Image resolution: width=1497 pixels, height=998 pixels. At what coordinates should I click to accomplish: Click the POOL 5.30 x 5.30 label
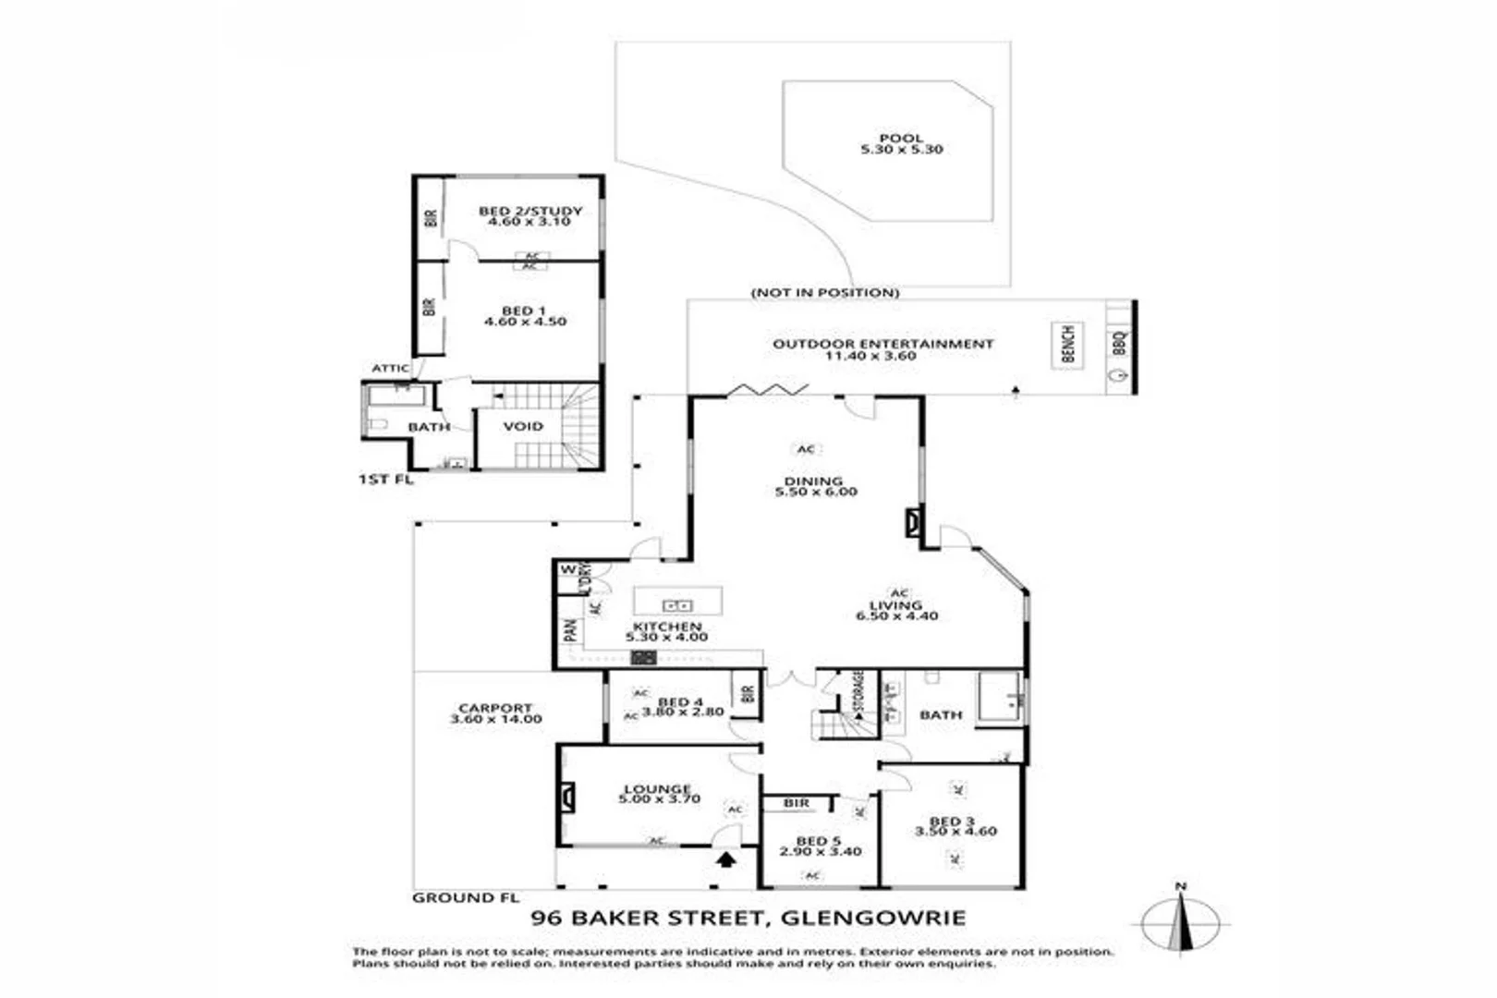[901, 144]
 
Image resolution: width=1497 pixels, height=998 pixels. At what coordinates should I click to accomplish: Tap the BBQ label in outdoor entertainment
[1119, 344]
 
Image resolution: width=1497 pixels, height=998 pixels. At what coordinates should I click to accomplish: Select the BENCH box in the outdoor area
[1067, 345]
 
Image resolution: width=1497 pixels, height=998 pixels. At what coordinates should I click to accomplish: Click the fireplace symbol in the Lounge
[566, 797]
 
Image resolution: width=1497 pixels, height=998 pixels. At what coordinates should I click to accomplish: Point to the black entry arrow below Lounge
[727, 859]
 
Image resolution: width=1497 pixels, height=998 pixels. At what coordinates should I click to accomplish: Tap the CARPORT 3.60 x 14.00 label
[496, 714]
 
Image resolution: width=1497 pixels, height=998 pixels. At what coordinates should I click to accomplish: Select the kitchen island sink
[678, 605]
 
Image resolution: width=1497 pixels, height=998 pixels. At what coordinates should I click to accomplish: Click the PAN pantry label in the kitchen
[570, 630]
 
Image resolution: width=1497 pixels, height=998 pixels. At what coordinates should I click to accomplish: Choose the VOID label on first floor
[523, 426]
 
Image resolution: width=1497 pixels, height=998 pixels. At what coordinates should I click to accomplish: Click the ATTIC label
[390, 368]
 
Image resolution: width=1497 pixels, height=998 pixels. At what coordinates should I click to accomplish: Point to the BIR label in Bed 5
[797, 803]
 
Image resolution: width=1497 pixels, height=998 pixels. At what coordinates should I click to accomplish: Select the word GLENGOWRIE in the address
[873, 918]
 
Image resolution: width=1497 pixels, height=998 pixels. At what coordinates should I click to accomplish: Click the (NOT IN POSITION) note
[824, 293]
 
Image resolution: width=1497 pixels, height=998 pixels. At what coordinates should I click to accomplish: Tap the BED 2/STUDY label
[530, 212]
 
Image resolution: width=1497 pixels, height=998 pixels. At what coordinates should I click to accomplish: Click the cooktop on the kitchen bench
[643, 658]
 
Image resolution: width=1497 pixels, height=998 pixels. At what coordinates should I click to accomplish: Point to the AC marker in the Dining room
[806, 449]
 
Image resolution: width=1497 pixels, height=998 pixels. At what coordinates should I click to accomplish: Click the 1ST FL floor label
[385, 480]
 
